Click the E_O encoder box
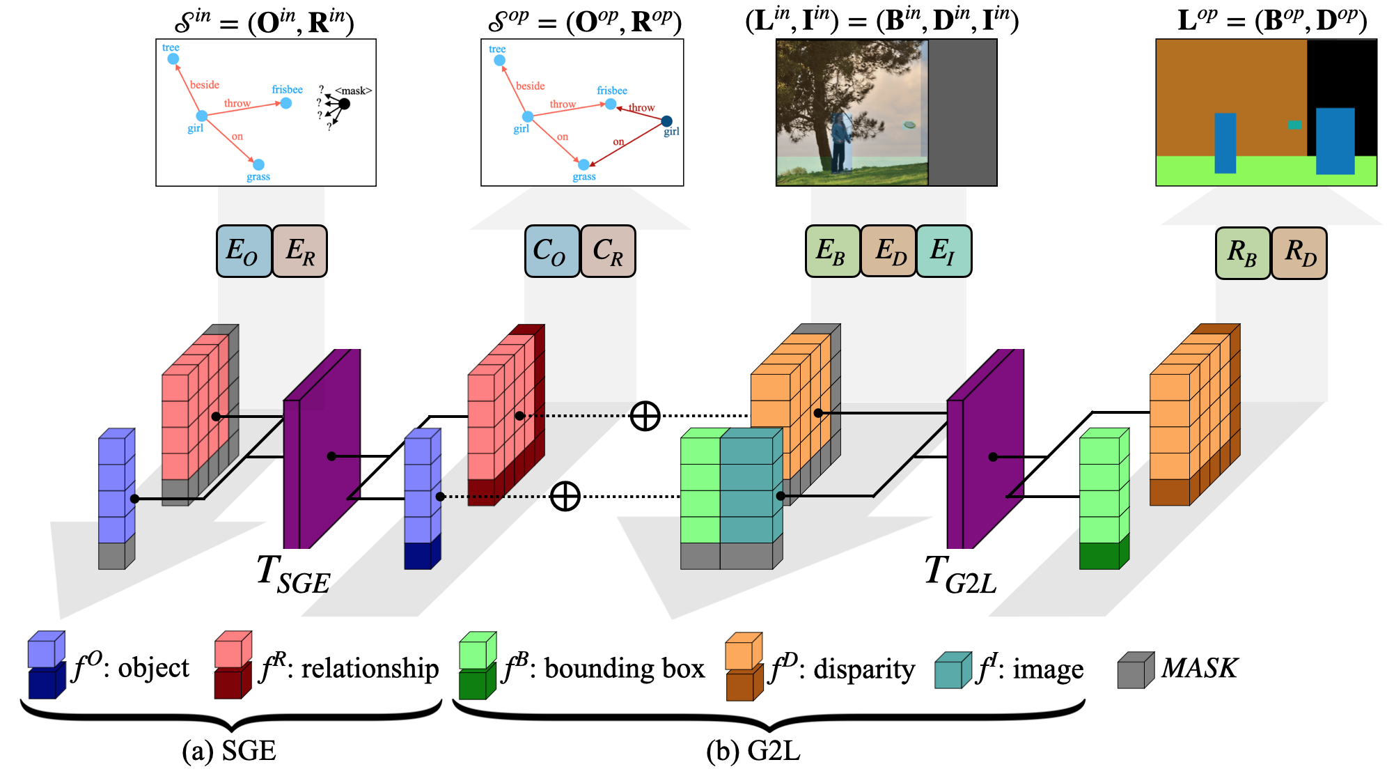click(244, 251)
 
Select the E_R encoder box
click(299, 251)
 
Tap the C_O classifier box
click(552, 251)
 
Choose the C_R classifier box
click(608, 251)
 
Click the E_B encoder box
click(833, 251)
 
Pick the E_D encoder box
click(888, 251)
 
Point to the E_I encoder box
click(943, 251)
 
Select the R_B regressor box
click(1243, 253)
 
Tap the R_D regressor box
click(1299, 253)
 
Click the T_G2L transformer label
click(961, 574)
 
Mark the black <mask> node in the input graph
click(344, 104)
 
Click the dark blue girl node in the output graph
click(666, 121)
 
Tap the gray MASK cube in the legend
click(1135, 670)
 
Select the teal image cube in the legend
click(953, 670)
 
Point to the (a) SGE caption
click(229, 751)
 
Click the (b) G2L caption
click(753, 751)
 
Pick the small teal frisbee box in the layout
click(1294, 125)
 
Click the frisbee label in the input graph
click(287, 90)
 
